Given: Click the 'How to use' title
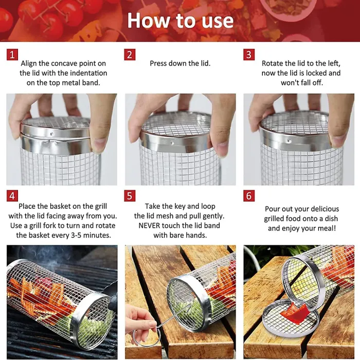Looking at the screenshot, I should pos(180,21).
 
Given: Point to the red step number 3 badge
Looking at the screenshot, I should pos(249,55).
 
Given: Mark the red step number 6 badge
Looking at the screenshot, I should pos(249,196).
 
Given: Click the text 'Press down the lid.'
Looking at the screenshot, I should pos(180,63).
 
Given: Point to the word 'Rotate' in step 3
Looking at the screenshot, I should pos(273,63).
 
